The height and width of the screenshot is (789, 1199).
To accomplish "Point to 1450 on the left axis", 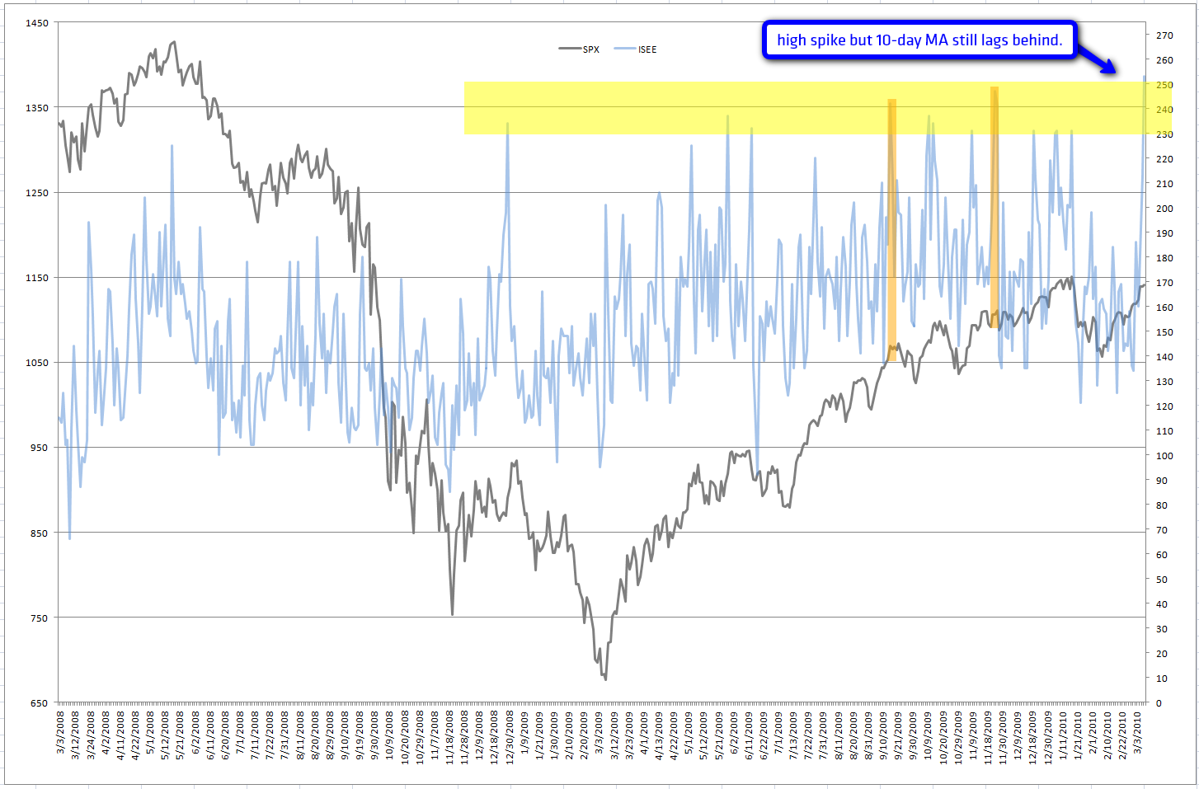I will click(38, 23).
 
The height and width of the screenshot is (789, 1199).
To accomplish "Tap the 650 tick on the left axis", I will click(40, 703).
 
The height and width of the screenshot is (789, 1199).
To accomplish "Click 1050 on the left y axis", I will click(38, 363).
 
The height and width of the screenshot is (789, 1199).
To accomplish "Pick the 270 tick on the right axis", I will click(1164, 35).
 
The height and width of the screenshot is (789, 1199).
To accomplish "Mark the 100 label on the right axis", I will click(1164, 456).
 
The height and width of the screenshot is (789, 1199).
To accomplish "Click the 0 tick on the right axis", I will click(1159, 703).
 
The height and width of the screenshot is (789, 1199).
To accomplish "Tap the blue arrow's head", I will click(1114, 72).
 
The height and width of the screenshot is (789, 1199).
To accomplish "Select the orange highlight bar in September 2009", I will click(891, 231).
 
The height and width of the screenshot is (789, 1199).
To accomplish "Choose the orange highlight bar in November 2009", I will click(994, 206).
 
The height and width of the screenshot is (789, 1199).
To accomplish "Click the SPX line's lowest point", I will click(605, 679).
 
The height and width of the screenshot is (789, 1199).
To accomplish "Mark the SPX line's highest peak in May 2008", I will click(173, 42).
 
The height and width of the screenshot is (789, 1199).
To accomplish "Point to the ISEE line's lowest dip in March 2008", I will click(69, 539).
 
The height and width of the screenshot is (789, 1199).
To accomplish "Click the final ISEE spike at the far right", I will click(1144, 77).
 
